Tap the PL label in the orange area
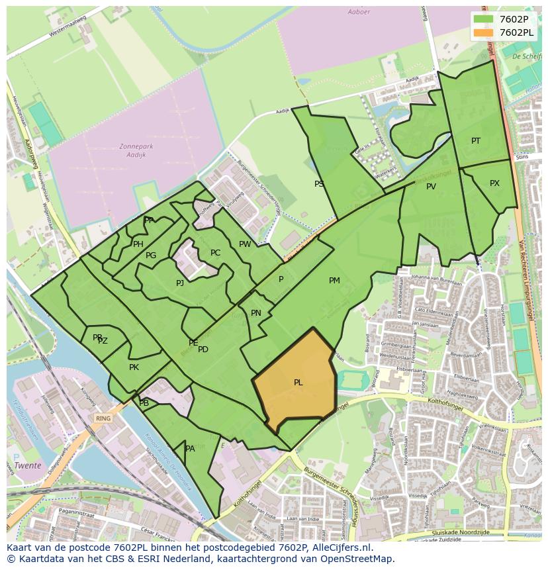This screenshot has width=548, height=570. pyautogui.click(x=298, y=383)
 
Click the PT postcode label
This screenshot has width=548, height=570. pyautogui.click(x=476, y=141)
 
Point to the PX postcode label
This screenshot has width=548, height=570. pyautogui.click(x=494, y=183)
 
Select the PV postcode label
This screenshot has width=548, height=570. pyautogui.click(x=431, y=187)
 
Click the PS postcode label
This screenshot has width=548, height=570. pyautogui.click(x=319, y=184)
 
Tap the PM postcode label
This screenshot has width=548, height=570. pyautogui.click(x=334, y=281)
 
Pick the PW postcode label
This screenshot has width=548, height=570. pyautogui.click(x=245, y=244)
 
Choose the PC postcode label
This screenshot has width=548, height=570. pyautogui.click(x=215, y=253)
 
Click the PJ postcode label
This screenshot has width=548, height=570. pyautogui.click(x=179, y=283)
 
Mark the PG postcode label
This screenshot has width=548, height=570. pyautogui.click(x=151, y=256)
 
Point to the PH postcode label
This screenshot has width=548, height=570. pyautogui.click(x=138, y=244)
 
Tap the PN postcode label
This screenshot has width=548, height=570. pyautogui.click(x=256, y=313)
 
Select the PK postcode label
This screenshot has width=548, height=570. pyautogui.click(x=134, y=367)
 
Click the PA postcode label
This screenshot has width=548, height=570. pyautogui.click(x=190, y=449)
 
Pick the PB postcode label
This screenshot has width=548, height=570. pyautogui.click(x=144, y=403)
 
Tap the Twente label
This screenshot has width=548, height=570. pyautogui.click(x=28, y=465)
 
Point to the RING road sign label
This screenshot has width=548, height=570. pyautogui.click(x=103, y=418)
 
